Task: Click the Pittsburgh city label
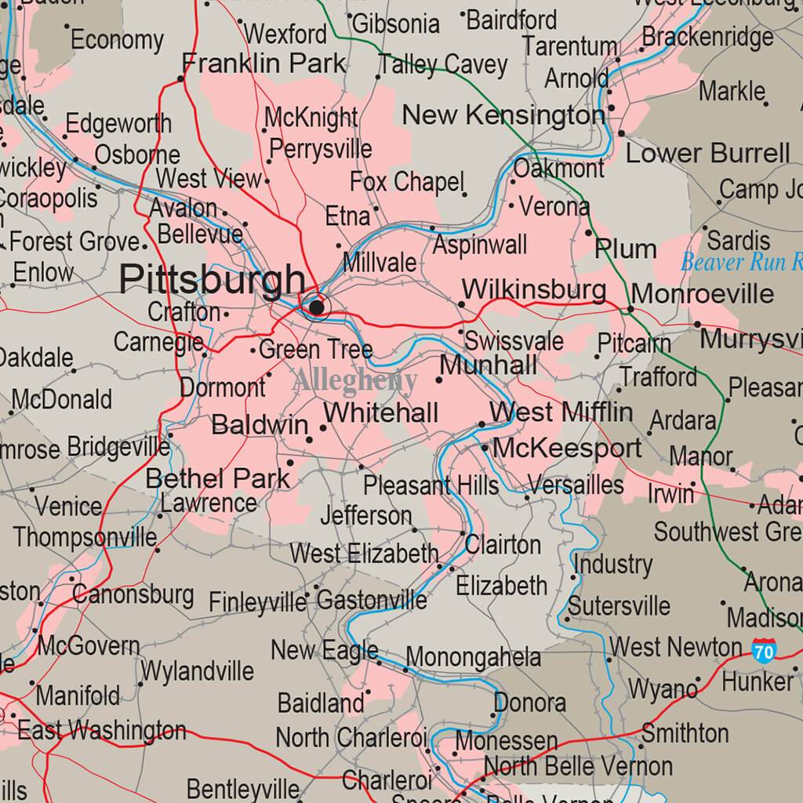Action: (x=213, y=280)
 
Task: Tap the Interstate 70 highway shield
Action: (x=764, y=650)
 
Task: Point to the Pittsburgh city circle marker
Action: (x=317, y=307)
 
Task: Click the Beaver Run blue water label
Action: (x=741, y=262)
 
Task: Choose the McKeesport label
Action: (x=567, y=449)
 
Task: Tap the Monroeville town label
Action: (x=702, y=294)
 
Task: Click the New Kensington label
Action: (x=503, y=115)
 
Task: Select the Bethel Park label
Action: (x=218, y=478)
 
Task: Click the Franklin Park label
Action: (x=263, y=63)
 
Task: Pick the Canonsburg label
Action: (x=133, y=594)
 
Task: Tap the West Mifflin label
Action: (x=561, y=412)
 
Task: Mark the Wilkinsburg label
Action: (x=533, y=289)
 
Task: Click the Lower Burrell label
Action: (x=707, y=153)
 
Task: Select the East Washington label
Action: (x=102, y=731)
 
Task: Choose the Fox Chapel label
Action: (x=407, y=182)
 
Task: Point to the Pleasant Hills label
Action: (x=431, y=485)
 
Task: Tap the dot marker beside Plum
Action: (x=589, y=233)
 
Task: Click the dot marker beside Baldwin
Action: (x=322, y=428)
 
